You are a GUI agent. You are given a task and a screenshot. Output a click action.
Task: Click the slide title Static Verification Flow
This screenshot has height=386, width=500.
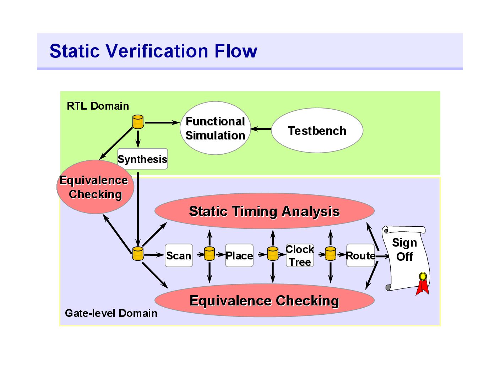(153, 51)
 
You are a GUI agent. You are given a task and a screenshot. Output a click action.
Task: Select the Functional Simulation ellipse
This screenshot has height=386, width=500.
(215, 128)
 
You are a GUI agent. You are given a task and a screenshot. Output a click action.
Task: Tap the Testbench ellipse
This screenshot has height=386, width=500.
(317, 130)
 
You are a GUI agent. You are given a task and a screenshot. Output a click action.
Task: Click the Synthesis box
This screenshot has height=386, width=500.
(142, 159)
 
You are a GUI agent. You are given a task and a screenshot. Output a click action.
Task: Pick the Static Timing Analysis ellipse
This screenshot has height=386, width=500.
(264, 211)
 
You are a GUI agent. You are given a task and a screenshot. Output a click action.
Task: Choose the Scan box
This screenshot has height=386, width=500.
(179, 255)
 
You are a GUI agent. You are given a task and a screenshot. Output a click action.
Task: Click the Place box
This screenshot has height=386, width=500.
(239, 255)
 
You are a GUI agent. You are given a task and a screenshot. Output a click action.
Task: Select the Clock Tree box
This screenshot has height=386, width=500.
(300, 255)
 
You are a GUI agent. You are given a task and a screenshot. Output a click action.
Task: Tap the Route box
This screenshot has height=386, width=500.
(360, 255)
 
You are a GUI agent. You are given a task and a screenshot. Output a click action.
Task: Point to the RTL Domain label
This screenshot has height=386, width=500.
(98, 106)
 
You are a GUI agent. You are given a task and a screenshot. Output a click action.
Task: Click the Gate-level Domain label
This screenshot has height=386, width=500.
(111, 313)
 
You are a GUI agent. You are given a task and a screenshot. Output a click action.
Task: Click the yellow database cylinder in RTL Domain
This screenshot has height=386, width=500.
(138, 122)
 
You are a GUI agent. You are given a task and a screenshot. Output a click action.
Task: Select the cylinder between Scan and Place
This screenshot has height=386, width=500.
(210, 254)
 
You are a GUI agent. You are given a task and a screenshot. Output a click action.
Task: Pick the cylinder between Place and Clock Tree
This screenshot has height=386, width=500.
(273, 254)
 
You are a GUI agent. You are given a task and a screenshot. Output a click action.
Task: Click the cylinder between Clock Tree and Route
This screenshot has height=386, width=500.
(330, 254)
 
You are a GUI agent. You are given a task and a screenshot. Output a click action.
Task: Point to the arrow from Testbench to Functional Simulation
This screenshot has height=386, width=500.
(261, 129)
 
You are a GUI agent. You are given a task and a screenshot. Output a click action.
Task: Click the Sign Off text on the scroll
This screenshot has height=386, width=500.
(404, 249)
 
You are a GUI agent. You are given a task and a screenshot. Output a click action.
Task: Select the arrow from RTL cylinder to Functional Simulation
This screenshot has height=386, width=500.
(162, 122)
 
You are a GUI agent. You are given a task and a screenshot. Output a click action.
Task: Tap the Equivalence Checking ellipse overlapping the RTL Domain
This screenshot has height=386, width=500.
(95, 187)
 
